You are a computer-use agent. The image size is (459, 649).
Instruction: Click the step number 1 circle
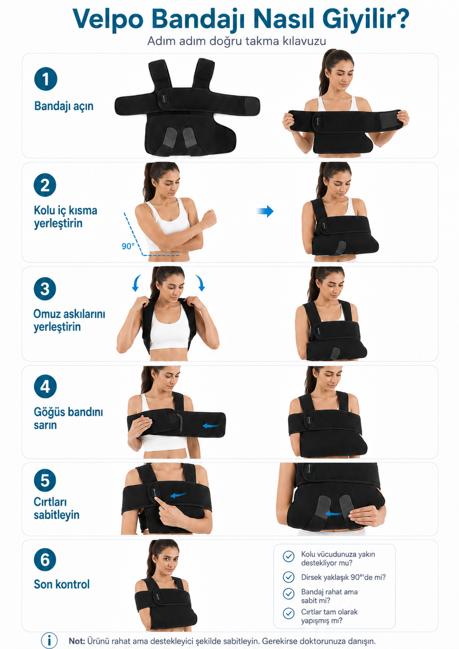click(46, 79)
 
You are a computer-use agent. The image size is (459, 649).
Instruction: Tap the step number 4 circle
click(45, 386)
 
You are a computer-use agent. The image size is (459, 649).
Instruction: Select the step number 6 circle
click(45, 559)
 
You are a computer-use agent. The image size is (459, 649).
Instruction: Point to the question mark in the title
click(399, 18)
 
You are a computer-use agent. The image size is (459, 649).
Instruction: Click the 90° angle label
click(128, 246)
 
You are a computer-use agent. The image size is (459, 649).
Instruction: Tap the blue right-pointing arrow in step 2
click(265, 211)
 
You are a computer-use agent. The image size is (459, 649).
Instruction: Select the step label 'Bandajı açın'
click(64, 106)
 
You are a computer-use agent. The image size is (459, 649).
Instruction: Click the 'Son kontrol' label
click(62, 584)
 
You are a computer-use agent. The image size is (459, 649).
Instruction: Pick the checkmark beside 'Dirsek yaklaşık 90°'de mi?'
click(288, 577)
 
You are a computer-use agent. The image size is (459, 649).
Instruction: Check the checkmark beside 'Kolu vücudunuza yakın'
click(288, 556)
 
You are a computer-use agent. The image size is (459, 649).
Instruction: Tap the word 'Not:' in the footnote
click(77, 640)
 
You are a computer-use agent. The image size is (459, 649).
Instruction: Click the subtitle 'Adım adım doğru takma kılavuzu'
click(237, 41)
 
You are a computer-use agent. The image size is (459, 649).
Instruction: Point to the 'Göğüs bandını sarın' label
click(68, 418)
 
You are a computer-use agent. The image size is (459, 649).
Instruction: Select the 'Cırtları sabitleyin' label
click(56, 509)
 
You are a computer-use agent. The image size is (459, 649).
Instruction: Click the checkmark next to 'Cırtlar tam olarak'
click(288, 613)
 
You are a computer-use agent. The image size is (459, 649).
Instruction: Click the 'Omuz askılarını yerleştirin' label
click(69, 320)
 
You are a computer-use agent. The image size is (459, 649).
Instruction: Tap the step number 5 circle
click(45, 480)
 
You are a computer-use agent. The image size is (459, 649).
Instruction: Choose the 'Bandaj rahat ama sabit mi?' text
click(329, 596)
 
